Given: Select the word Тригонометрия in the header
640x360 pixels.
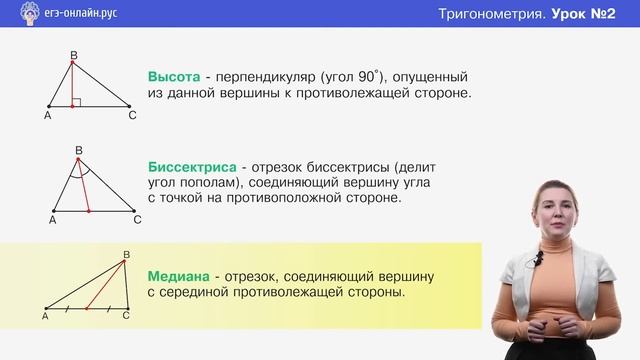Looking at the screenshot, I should (x=491, y=15).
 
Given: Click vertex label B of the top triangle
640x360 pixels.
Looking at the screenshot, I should (x=73, y=55).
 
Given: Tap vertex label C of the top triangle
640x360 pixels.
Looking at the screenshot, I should (x=132, y=115).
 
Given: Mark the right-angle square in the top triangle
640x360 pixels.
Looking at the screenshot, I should (x=78, y=101).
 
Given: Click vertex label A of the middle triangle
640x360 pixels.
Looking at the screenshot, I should (x=52, y=220).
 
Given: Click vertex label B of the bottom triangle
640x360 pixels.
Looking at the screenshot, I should (x=125, y=254).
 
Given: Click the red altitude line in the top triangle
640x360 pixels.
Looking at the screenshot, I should (x=73, y=84).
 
